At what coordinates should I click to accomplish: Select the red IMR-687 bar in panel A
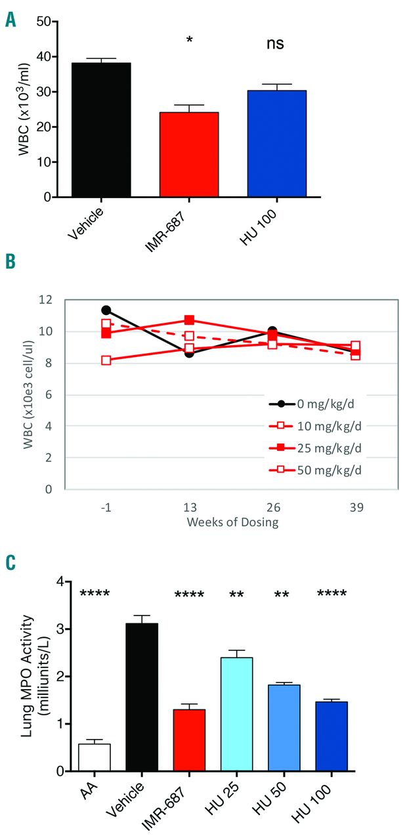(190, 155)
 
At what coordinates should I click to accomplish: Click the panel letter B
(11, 262)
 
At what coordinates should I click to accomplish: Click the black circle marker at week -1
(106, 310)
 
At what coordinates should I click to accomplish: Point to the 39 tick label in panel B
(355, 508)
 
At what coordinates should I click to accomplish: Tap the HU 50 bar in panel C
(284, 728)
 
